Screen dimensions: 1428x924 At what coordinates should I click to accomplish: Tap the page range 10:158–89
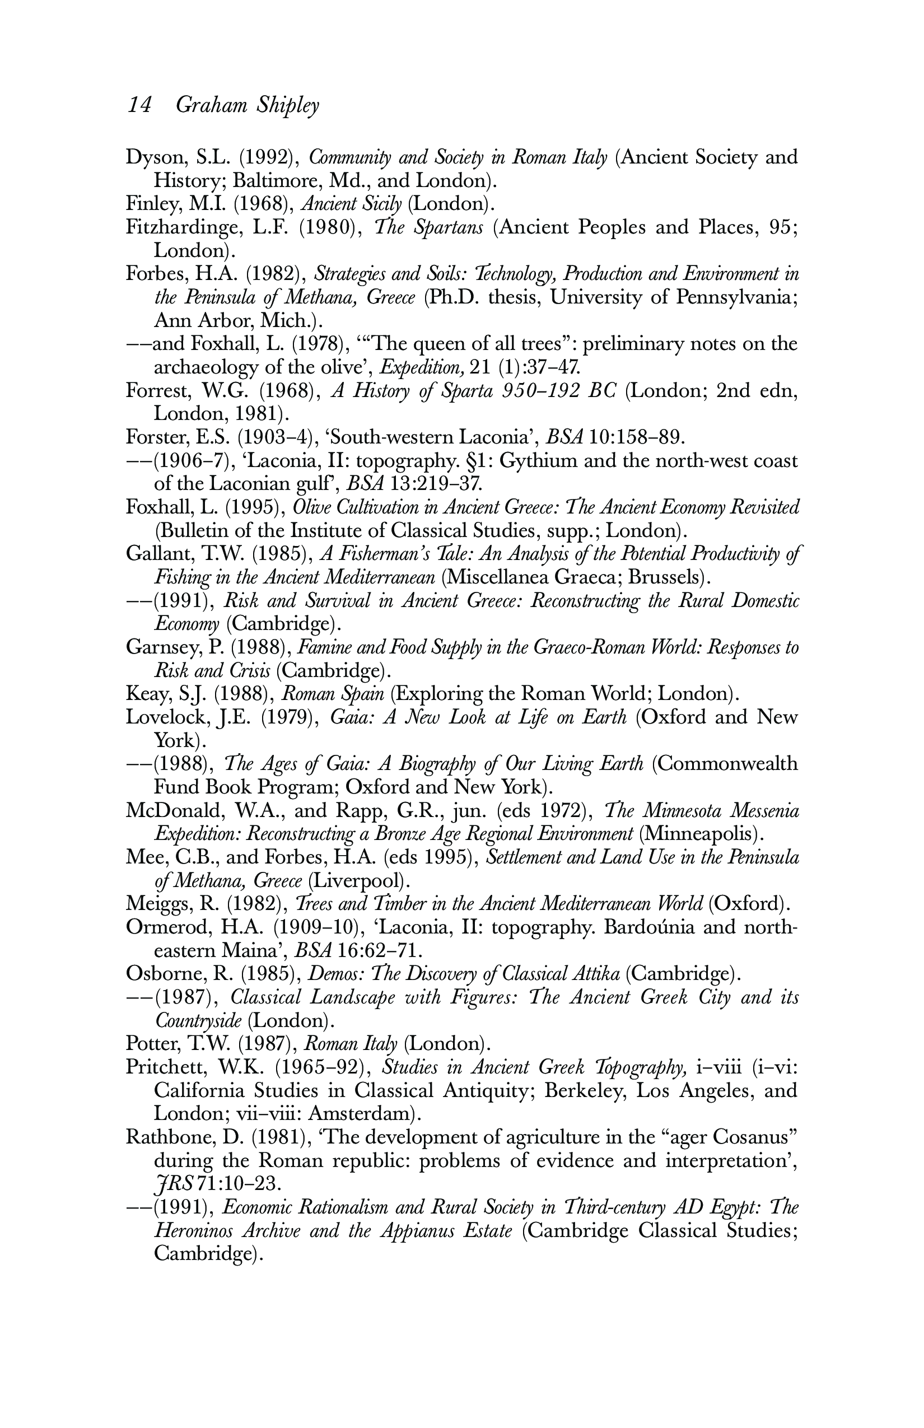coord(636,437)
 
